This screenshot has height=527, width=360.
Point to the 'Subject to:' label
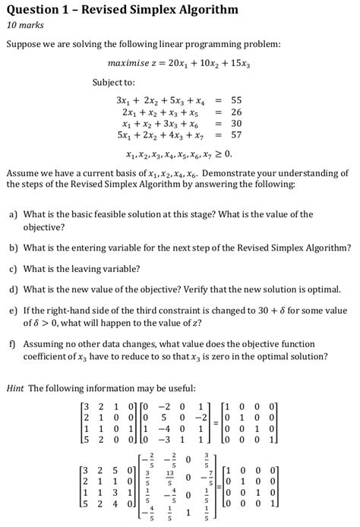click(114, 81)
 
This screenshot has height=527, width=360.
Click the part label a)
click(14, 214)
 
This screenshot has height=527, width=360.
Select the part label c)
click(14, 268)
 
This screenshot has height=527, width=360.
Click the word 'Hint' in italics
click(15, 389)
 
